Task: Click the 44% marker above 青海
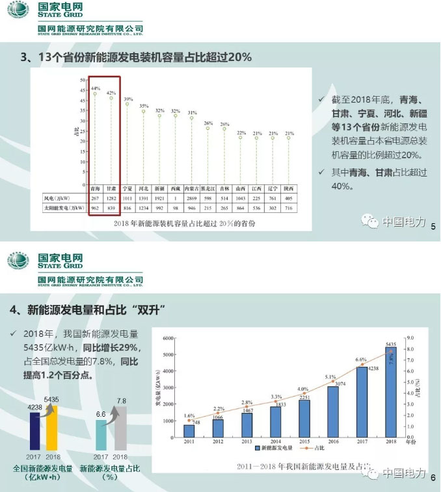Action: tap(96, 93)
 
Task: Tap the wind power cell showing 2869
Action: tap(191, 197)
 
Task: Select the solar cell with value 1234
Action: tap(144, 209)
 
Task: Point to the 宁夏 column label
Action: tap(127, 185)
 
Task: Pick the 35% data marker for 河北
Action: tap(144, 111)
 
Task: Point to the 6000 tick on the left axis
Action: tap(170, 338)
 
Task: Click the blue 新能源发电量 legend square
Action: tap(258, 448)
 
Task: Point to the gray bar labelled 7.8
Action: tap(120, 428)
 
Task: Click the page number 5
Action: tap(433, 226)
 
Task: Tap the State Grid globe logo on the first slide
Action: tap(18, 10)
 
